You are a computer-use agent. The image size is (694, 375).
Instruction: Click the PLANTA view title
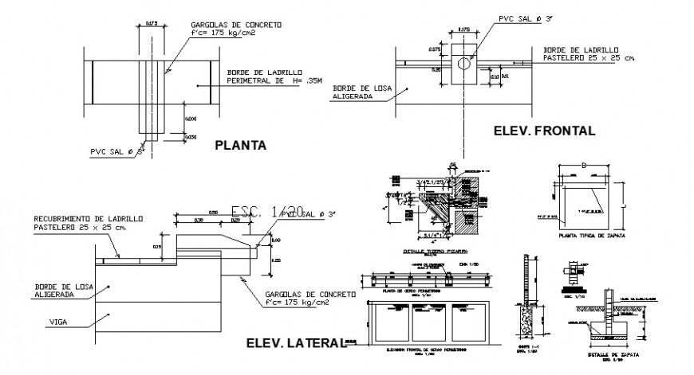click(240, 146)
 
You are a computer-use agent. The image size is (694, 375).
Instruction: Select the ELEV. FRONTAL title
click(544, 131)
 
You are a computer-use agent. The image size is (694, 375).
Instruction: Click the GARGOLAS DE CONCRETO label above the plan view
click(235, 29)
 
